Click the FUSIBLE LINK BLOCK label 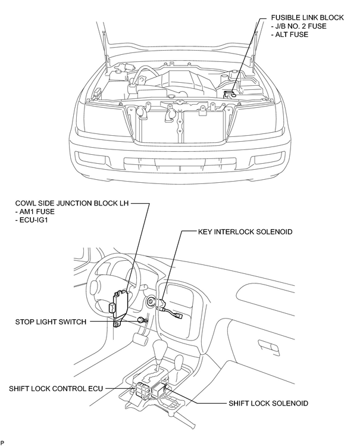click(x=308, y=18)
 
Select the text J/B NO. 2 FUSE click(x=299, y=26)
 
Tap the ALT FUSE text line click(x=290, y=35)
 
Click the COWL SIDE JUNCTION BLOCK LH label click(x=72, y=203)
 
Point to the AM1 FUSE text click(x=35, y=211)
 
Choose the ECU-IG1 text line click(x=32, y=220)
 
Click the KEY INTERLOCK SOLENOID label click(x=245, y=232)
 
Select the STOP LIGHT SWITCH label click(x=51, y=322)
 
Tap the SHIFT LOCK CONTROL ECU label click(x=56, y=389)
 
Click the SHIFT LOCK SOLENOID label click(x=268, y=403)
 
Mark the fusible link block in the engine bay click(x=229, y=93)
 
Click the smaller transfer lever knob click(x=179, y=361)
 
